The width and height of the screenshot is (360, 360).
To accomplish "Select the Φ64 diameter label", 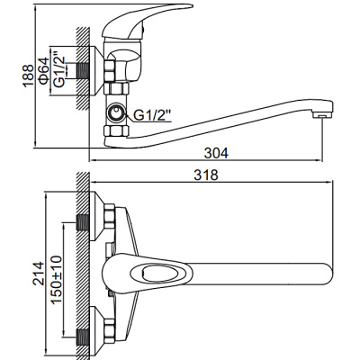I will [42, 68].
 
